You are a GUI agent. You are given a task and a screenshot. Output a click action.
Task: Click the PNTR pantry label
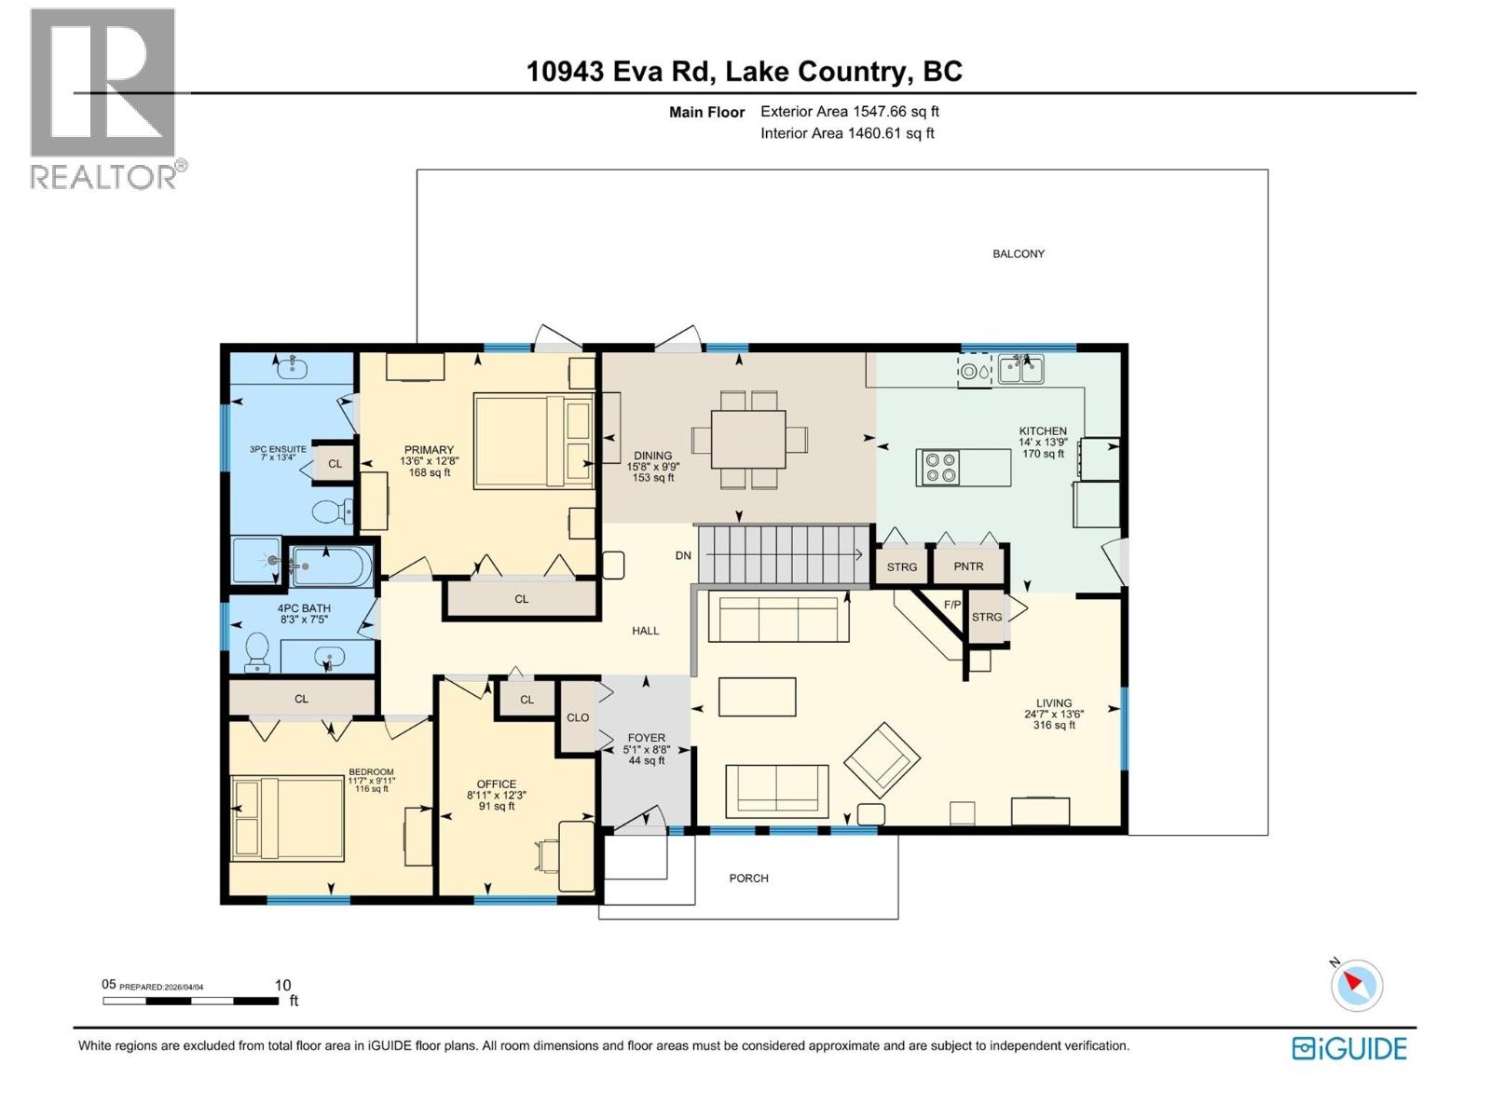968,566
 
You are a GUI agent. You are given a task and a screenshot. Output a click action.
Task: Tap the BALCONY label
1018,253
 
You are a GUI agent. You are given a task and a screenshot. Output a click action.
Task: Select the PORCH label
748,879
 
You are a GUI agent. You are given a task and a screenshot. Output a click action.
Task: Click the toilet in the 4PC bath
256,651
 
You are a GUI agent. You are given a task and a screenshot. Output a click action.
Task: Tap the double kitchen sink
1020,370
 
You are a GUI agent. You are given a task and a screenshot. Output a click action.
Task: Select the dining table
748,440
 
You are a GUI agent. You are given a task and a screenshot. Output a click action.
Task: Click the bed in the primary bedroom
534,441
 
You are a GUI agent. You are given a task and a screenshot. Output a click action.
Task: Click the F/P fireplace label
951,606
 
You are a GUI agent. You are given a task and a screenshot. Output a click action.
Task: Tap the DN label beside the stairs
683,555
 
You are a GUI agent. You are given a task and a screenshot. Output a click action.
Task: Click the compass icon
1356,986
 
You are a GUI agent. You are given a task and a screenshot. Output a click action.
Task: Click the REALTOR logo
104,98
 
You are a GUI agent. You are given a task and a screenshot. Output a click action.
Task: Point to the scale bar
190,1001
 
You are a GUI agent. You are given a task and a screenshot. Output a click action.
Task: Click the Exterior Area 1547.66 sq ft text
849,112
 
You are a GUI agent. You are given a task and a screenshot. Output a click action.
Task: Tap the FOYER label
646,738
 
